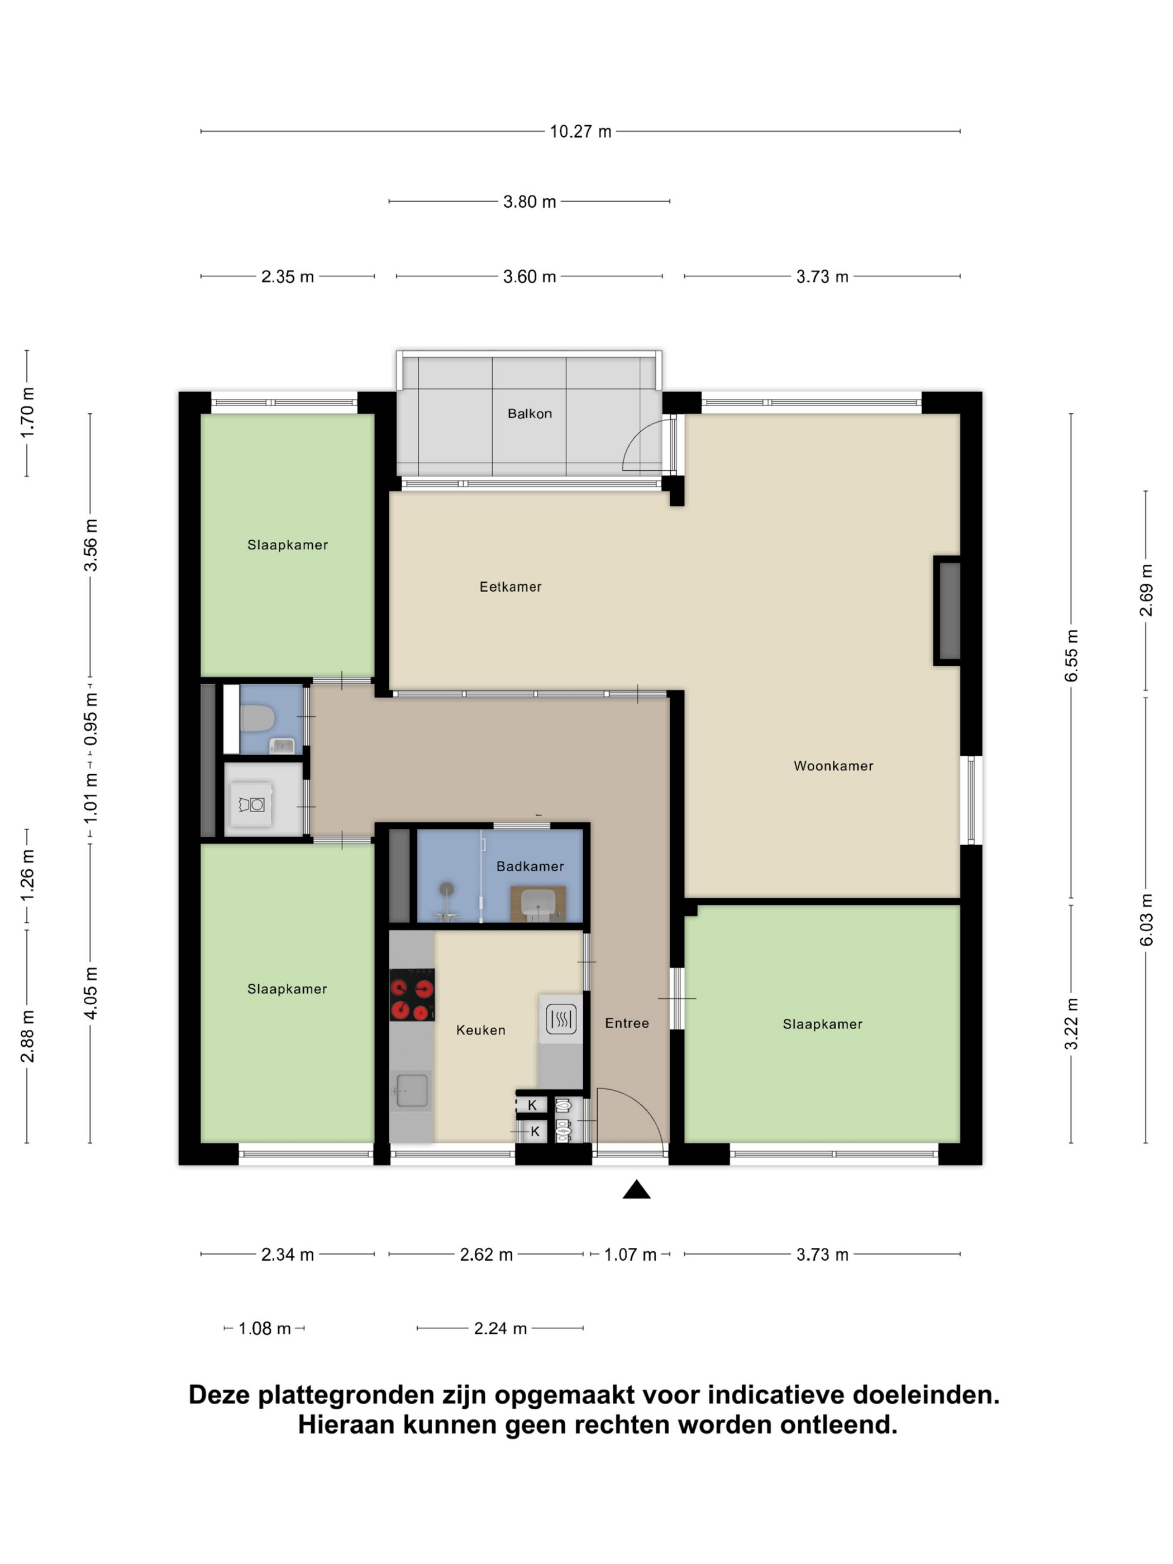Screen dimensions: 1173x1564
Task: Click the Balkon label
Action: pyautogui.click(x=530, y=414)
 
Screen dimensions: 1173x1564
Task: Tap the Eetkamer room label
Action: pyautogui.click(x=511, y=587)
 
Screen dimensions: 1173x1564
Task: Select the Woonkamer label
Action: pyautogui.click(x=833, y=766)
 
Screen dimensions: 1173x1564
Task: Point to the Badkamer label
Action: pyautogui.click(x=530, y=866)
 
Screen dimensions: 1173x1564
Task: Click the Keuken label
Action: pyautogui.click(x=481, y=1030)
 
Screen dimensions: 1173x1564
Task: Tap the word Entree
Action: pyautogui.click(x=627, y=1023)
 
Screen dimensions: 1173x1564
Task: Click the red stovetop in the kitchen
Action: pyautogui.click(x=412, y=995)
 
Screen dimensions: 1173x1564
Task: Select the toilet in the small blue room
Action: pyautogui.click(x=258, y=719)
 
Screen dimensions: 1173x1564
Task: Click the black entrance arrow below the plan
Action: pyautogui.click(x=636, y=1190)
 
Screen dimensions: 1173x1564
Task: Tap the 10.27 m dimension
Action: pyautogui.click(x=580, y=131)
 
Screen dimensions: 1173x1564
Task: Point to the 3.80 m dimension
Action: pyautogui.click(x=530, y=202)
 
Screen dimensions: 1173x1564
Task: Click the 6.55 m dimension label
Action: pyautogui.click(x=1071, y=655)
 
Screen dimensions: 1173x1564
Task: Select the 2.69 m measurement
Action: pyautogui.click(x=1146, y=590)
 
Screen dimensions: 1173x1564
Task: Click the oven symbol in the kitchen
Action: pyautogui.click(x=561, y=1019)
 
